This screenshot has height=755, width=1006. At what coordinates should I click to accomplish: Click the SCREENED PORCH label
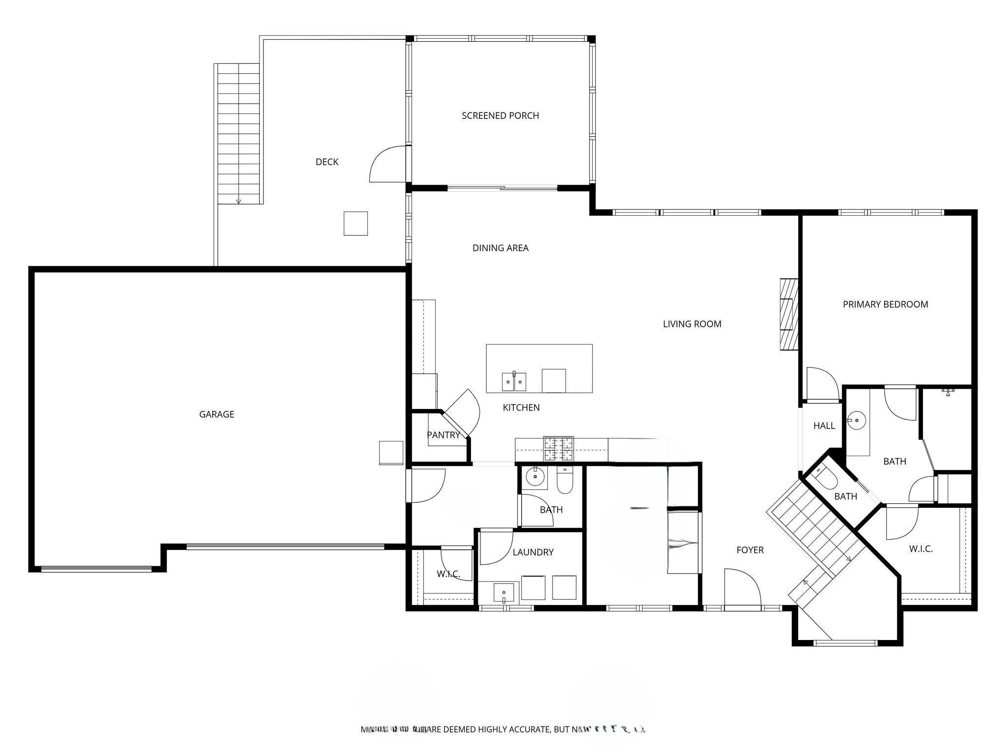500,116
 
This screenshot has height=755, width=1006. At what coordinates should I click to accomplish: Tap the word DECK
327,162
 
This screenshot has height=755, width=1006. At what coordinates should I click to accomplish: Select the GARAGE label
216,414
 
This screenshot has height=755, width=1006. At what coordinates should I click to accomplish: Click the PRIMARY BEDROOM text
885,304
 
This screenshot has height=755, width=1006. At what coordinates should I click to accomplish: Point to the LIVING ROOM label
692,324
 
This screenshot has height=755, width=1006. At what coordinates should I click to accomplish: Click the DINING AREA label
500,248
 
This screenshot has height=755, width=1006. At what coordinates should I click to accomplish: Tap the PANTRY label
443,435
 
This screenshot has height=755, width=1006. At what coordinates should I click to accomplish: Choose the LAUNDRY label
532,552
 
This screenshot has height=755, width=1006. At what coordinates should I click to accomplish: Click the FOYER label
750,550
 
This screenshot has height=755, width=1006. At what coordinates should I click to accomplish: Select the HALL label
824,426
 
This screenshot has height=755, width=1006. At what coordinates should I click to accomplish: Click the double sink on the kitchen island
514,381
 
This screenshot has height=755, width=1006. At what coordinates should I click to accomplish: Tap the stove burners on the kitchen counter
558,448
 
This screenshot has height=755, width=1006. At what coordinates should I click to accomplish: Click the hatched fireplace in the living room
789,315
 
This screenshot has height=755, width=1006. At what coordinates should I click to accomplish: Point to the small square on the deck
355,223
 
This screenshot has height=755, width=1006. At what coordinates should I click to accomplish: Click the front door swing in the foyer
742,588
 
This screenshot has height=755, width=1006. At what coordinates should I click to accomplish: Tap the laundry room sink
503,592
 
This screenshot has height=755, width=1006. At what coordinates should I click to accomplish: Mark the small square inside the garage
391,453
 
